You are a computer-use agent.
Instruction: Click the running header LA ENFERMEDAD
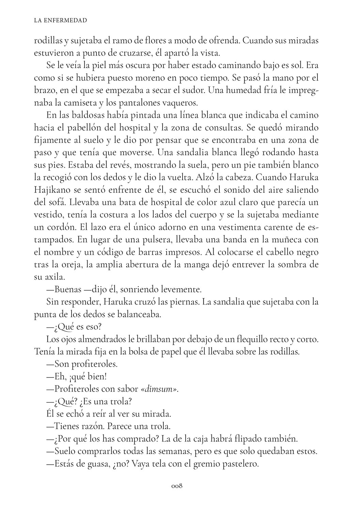(61, 20)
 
